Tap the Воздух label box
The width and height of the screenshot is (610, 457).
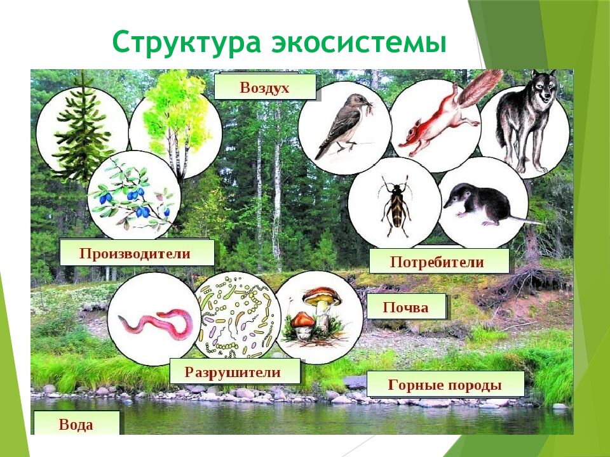pyautogui.click(x=264, y=87)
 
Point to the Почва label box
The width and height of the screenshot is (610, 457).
pyautogui.click(x=405, y=307)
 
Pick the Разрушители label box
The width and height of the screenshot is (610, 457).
pyautogui.click(x=233, y=371)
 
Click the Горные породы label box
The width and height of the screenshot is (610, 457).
pyautogui.click(x=445, y=385)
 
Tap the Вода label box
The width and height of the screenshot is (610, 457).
pyautogui.click(x=76, y=424)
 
